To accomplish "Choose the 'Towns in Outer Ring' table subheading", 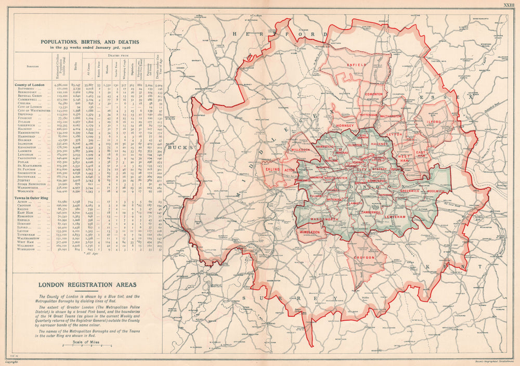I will point(36,197).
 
